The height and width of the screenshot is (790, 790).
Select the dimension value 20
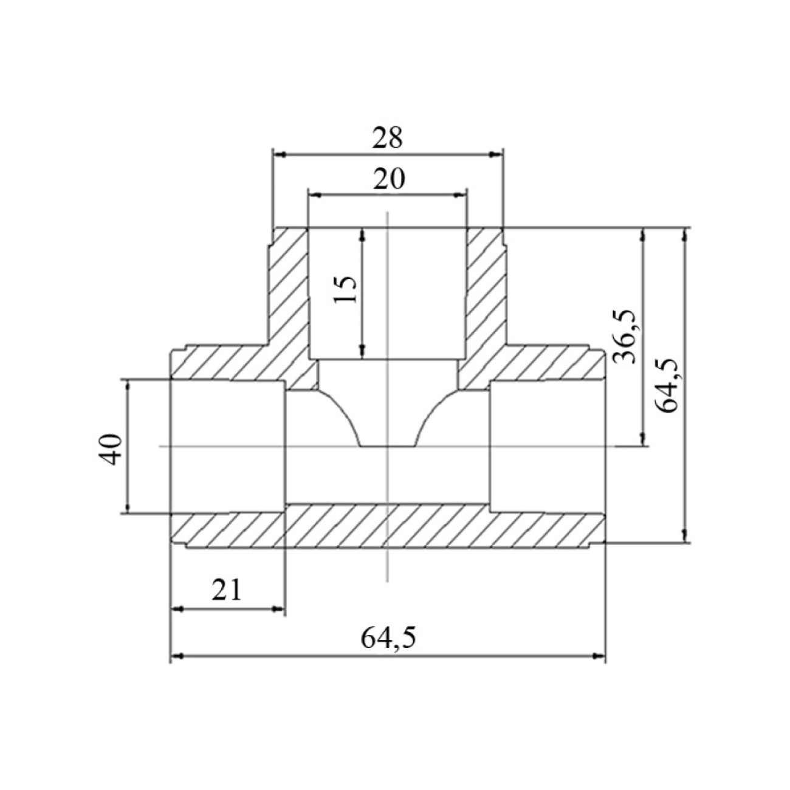388,179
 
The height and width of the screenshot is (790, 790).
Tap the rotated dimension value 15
345,289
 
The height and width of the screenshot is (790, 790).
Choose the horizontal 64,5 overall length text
388,637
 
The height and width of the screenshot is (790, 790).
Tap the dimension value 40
111,449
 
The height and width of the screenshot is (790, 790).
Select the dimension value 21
227,590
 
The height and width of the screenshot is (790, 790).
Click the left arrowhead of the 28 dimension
279,154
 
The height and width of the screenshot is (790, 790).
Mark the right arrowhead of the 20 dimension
461,195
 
